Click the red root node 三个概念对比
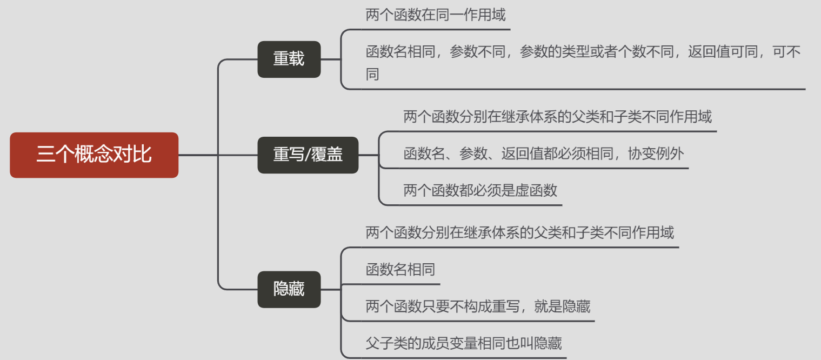[94, 155]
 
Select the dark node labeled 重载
[289, 59]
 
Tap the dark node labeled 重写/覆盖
[308, 155]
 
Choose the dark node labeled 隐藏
[289, 289]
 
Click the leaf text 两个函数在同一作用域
[436, 15]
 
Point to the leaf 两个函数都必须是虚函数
[480, 190]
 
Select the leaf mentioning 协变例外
[544, 154]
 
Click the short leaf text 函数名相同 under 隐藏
[401, 270]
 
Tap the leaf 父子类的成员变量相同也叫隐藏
[464, 343]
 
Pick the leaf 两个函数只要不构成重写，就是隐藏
[478, 306]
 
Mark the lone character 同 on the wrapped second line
[372, 74]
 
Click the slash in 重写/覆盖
[308, 156]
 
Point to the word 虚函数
[536, 190]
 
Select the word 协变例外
[656, 154]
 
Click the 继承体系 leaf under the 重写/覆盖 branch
[558, 117]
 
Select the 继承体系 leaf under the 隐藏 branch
[520, 233]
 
